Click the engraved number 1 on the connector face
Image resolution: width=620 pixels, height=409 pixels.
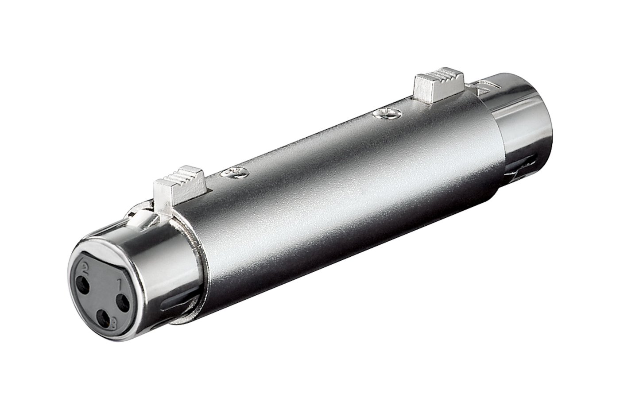pos(120,284)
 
